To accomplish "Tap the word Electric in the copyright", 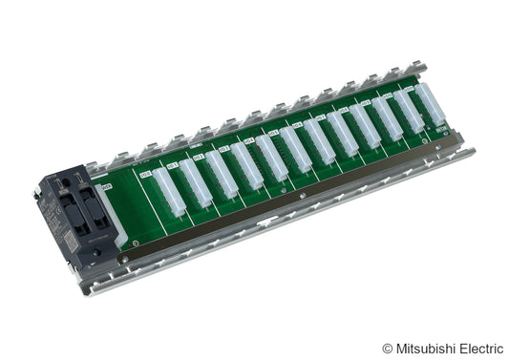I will [x=481, y=349].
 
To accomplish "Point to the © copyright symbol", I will [x=387, y=349].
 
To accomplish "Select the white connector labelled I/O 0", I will [x=169, y=192].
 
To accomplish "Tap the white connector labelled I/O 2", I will [x=222, y=175].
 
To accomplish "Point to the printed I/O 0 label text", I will [x=145, y=175].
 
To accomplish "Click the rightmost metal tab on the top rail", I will [x=416, y=69].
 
